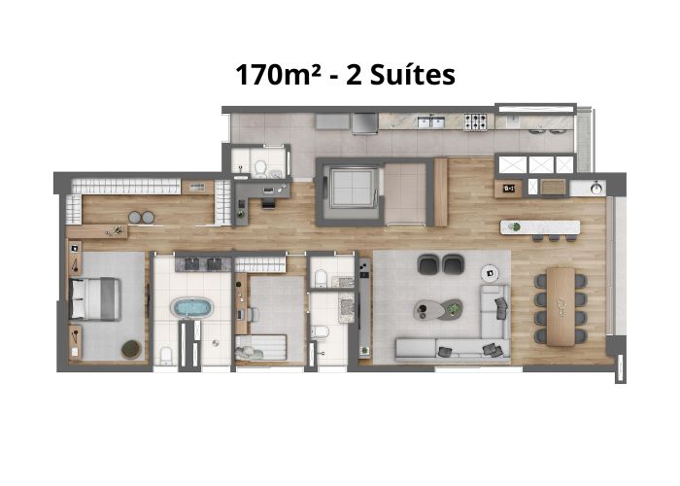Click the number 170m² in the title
[x=279, y=75]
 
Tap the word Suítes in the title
[x=413, y=75]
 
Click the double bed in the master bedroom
[x=94, y=299]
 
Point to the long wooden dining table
[x=561, y=306]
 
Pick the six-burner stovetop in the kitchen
[x=476, y=121]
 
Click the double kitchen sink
[x=431, y=121]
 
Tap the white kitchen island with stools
[x=540, y=227]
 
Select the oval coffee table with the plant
[x=438, y=309]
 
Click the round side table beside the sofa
[x=490, y=273]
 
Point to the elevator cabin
[x=352, y=188]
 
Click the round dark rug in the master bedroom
[x=131, y=349]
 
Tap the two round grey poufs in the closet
[x=142, y=218]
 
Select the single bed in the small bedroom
[x=260, y=347]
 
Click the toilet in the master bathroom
[x=166, y=356]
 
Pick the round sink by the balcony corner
[x=596, y=188]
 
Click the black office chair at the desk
[x=268, y=202]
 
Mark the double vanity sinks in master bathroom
[x=203, y=264]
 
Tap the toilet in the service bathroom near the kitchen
[x=260, y=168]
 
